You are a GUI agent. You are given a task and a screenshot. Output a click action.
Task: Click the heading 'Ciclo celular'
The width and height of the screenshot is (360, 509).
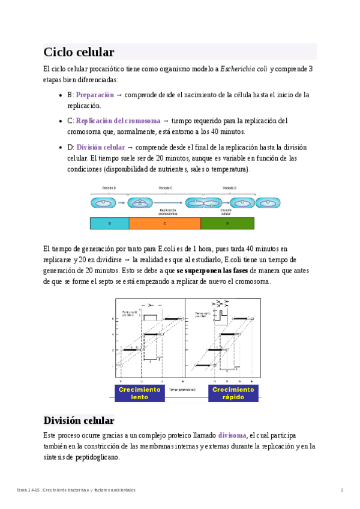(x=79, y=52)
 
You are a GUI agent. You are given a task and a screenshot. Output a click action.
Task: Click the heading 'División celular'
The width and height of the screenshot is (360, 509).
(x=79, y=420)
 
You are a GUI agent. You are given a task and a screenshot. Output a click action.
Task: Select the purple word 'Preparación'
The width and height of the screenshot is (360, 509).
(x=95, y=95)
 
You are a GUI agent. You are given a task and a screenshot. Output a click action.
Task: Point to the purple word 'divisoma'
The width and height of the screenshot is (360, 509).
(x=232, y=435)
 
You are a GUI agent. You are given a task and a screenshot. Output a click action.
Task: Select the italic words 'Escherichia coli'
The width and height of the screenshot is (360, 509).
(x=244, y=69)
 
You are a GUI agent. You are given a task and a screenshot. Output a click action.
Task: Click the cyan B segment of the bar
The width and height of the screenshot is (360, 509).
(x=109, y=223)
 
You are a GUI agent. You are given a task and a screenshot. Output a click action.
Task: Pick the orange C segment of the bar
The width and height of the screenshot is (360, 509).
(x=164, y=223)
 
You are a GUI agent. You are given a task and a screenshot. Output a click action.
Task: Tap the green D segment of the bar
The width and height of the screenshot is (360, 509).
(x=227, y=223)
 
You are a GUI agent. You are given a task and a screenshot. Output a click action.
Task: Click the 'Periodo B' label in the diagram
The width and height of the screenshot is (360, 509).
(x=109, y=188)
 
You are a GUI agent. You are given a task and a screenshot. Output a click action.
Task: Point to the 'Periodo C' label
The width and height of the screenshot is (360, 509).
(x=166, y=188)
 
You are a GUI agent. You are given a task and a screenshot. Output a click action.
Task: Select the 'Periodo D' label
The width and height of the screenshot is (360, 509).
(x=229, y=188)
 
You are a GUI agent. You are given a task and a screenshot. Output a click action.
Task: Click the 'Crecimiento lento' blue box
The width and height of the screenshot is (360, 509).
(x=140, y=393)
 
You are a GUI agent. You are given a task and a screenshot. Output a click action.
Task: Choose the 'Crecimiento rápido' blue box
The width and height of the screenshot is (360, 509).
(x=233, y=393)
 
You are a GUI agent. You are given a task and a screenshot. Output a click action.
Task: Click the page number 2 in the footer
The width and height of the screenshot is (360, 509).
(x=342, y=490)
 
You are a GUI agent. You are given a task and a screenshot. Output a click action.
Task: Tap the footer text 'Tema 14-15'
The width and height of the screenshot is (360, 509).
(x=27, y=490)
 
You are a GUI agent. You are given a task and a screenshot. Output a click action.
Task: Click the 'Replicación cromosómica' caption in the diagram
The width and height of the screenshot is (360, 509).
(x=168, y=212)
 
